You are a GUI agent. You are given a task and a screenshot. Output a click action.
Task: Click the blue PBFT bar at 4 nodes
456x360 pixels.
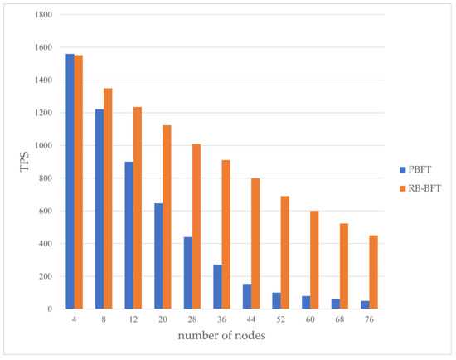coord(70,181)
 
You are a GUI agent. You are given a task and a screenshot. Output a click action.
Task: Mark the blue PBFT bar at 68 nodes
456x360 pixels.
coord(336,304)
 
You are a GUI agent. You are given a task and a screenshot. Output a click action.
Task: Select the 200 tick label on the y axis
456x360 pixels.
coord(44,276)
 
